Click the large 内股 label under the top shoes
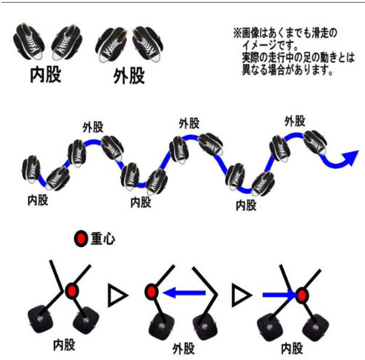click(46, 75)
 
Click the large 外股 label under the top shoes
click(129, 76)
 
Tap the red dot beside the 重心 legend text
click(81, 238)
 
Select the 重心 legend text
click(103, 239)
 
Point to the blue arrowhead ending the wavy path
click(350, 158)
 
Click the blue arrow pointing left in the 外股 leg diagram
click(184, 293)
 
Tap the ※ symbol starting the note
click(238, 33)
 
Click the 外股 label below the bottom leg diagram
click(183, 349)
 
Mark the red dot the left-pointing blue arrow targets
click(151, 292)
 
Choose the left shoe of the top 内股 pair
click(29, 41)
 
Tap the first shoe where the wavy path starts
click(31, 169)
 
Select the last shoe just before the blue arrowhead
click(315, 142)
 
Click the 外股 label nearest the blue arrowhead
click(295, 121)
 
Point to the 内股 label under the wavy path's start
click(38, 200)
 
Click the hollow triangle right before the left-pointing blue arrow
click(117, 296)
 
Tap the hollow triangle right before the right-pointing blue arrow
click(241, 296)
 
